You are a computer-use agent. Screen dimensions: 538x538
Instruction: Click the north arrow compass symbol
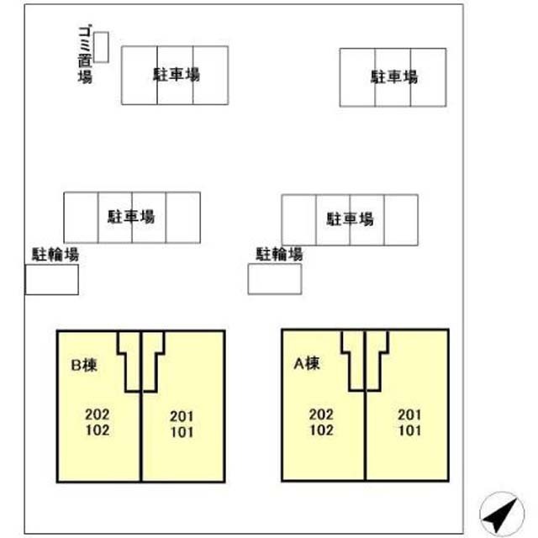tap(502, 514)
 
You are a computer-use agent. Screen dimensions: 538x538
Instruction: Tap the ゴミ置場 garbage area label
tap(85, 55)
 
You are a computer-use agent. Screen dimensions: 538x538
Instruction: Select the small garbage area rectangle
tap(101, 47)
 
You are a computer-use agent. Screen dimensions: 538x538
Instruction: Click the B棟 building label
tap(84, 365)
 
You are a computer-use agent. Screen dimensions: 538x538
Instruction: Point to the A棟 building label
tap(307, 363)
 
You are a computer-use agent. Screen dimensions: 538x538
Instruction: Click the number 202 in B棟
tap(98, 414)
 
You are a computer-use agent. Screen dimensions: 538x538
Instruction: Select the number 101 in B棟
tap(182, 432)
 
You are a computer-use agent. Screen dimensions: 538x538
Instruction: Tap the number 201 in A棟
tap(409, 414)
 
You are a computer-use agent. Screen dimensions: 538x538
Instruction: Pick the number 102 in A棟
tap(321, 430)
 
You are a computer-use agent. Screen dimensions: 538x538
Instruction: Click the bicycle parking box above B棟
tap(52, 279)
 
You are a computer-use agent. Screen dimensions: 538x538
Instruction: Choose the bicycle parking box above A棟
tap(275, 279)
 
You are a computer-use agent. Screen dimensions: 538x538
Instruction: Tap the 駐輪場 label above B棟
tap(55, 255)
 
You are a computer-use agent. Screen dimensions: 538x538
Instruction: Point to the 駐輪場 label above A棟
tap(279, 254)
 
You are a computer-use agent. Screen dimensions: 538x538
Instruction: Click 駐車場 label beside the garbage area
tap(177, 75)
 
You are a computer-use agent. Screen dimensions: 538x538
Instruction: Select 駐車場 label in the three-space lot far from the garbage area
tap(394, 76)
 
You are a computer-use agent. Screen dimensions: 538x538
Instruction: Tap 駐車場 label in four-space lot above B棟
tap(131, 217)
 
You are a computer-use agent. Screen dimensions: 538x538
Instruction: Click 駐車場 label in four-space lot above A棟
tap(350, 219)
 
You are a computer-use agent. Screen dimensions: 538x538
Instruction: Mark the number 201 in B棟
tap(182, 417)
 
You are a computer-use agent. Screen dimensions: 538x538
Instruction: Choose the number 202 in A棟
tap(321, 414)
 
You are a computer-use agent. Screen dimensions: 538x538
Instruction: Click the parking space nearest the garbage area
tap(140, 75)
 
